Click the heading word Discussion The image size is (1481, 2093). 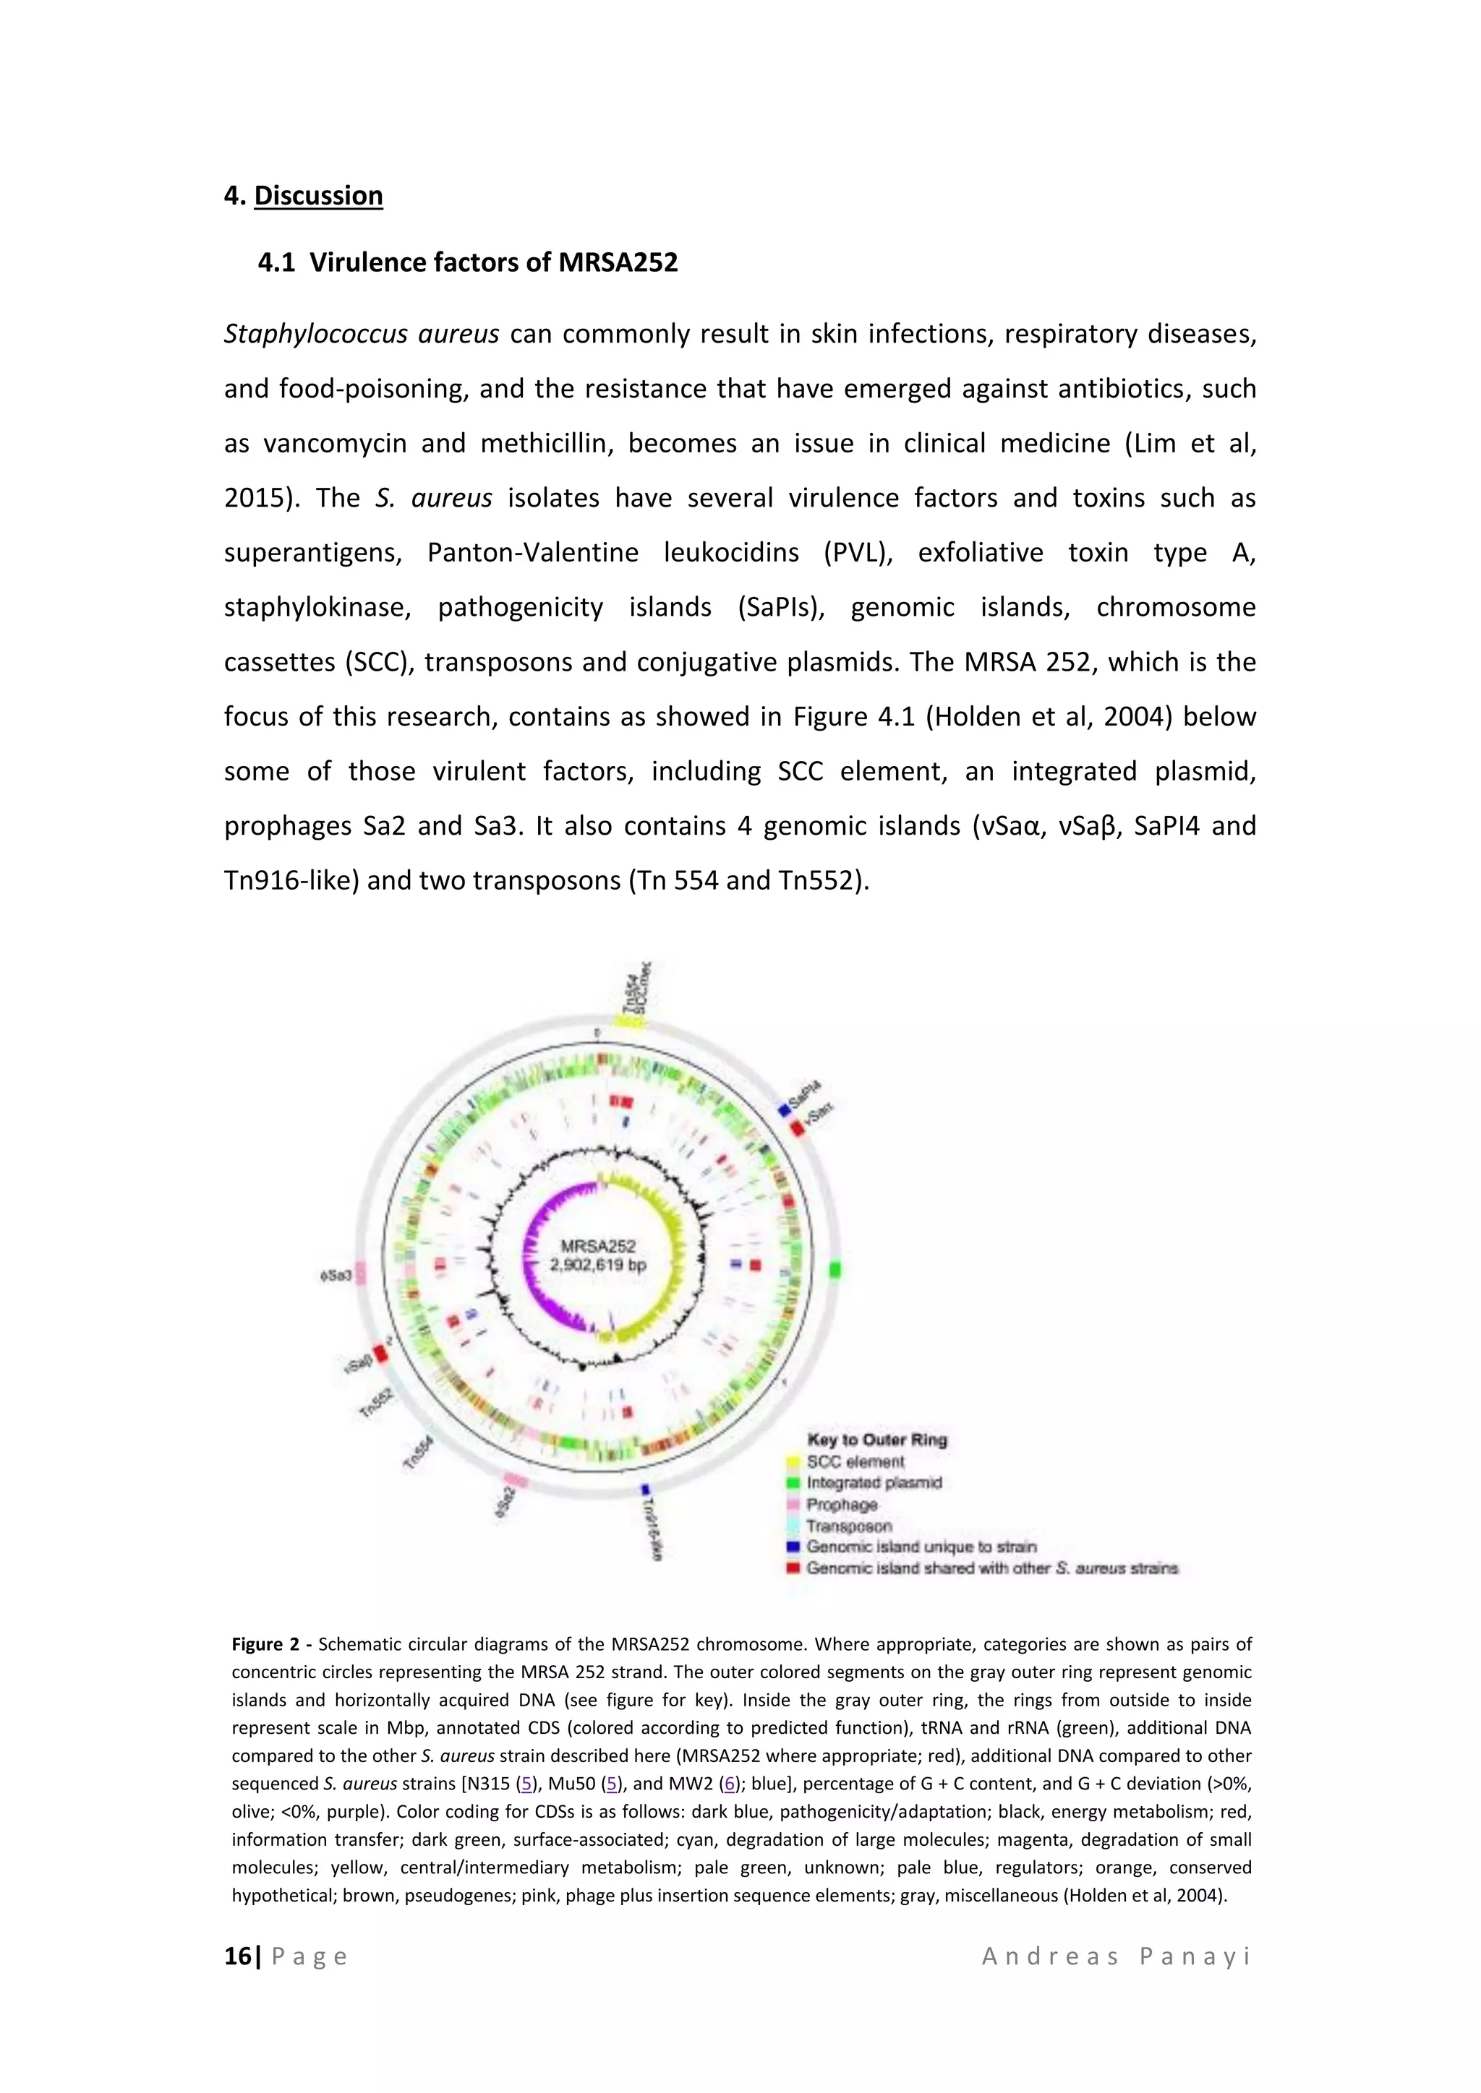click(x=317, y=196)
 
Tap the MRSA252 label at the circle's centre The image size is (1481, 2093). click(x=597, y=1245)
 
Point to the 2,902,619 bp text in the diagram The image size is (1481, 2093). click(x=597, y=1265)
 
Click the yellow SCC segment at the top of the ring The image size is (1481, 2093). click(x=628, y=1022)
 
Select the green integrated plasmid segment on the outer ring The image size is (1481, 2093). click(x=835, y=1270)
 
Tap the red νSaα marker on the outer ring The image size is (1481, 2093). click(x=797, y=1127)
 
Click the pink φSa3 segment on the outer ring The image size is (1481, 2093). click(x=360, y=1273)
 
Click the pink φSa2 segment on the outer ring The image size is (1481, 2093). click(x=516, y=1479)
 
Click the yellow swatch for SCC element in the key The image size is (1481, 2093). click(x=793, y=1461)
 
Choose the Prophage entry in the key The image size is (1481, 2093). click(x=841, y=1504)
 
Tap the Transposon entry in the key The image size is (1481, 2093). click(x=848, y=1525)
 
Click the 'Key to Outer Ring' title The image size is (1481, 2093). click(x=876, y=1440)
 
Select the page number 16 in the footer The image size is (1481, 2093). click(x=237, y=1956)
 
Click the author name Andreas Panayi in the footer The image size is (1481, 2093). click(x=1117, y=1956)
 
